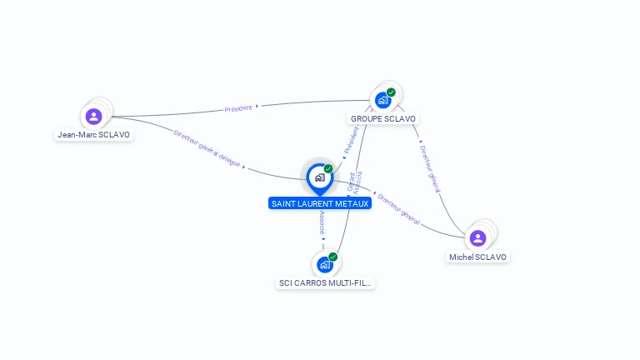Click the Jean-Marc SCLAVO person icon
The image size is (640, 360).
coord(93,116)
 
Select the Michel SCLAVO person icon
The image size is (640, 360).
coord(477,238)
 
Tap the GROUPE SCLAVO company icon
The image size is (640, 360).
coord(382,100)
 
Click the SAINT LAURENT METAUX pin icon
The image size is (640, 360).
coord(319,177)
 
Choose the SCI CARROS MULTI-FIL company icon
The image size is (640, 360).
coord(324,264)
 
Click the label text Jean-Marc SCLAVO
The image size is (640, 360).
coord(94,134)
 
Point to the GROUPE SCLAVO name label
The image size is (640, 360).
coord(383,118)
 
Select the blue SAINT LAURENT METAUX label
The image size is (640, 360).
coord(320,203)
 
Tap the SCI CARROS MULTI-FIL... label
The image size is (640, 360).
coord(326,282)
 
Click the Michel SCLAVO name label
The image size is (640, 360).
coord(477,257)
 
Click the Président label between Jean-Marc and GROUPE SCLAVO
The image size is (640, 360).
coord(237,108)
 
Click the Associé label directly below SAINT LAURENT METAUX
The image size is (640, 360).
coord(322,222)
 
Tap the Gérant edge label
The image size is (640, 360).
coord(351,181)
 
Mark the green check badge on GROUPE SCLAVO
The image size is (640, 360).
coord(391,92)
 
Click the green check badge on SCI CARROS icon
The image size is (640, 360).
coord(332,257)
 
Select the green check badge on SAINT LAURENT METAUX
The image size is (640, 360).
coord(328,169)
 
